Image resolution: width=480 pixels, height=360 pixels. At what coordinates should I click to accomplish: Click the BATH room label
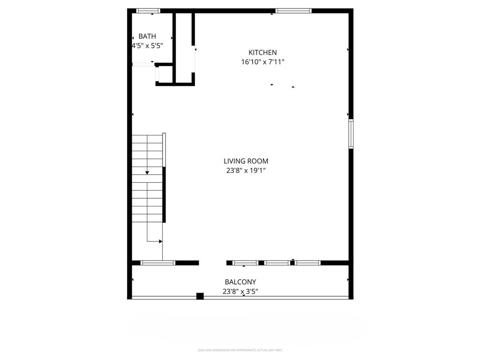coord(147,36)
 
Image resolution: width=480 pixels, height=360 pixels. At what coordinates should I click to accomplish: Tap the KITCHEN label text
coord(262,52)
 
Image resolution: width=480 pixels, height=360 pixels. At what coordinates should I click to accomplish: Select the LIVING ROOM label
coord(246,161)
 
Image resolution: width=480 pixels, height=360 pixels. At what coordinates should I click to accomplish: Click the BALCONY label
coord(240,282)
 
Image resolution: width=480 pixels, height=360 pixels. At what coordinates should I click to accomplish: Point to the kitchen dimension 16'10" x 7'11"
coord(262,62)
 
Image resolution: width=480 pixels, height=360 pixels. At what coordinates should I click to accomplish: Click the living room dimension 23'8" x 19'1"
coord(246,171)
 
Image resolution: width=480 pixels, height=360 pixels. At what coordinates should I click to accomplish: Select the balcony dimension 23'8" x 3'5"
coord(240,291)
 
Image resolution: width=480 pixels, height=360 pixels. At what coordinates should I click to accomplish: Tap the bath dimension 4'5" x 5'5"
coord(147,46)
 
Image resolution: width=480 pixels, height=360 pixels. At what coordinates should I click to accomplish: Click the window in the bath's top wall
coord(148,10)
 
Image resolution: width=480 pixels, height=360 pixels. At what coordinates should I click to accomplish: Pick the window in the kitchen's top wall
coord(293,10)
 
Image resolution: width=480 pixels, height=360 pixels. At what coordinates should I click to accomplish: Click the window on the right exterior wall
coord(351,134)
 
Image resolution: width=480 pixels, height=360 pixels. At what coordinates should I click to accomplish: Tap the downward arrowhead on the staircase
coord(147,173)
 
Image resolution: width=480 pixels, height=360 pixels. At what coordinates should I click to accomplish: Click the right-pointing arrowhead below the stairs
coord(160,241)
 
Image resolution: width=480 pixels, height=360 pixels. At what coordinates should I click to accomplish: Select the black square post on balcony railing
coord(200,296)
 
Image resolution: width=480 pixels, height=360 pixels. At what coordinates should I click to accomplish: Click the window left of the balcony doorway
coord(158,263)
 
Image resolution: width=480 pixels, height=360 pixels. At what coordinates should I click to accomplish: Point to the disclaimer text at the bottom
coord(240,350)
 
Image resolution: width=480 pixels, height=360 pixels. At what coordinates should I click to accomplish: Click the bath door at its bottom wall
coord(143,64)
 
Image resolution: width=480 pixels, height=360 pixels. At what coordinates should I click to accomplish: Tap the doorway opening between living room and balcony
coord(213,263)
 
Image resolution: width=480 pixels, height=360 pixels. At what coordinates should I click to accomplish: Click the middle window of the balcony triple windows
coord(277,263)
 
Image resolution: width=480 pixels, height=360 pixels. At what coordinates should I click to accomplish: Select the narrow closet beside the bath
coord(183,47)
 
